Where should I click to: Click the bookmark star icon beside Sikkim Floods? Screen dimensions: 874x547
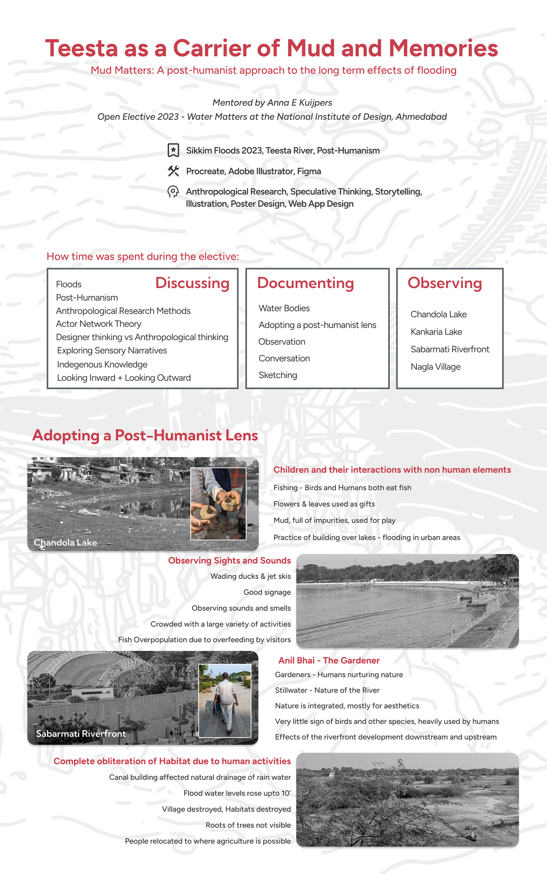(173, 150)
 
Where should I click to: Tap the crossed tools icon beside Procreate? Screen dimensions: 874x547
(173, 171)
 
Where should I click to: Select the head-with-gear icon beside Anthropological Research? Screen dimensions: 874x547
(173, 191)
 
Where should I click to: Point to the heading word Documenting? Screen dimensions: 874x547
(305, 283)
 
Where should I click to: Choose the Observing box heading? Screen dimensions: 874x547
(445, 283)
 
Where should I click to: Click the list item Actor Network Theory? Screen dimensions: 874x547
(98, 324)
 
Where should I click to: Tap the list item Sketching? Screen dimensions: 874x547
(278, 375)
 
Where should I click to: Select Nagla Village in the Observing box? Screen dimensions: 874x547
(436, 367)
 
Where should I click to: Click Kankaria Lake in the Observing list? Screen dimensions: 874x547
(436, 332)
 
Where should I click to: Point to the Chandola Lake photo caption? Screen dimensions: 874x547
(66, 543)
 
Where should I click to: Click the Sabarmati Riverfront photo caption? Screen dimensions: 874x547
(81, 734)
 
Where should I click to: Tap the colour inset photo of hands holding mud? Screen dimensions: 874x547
(218, 504)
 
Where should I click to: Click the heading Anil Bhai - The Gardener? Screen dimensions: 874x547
(329, 661)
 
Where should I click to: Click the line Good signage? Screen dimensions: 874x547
(267, 592)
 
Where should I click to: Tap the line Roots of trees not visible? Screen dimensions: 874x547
(248, 825)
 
